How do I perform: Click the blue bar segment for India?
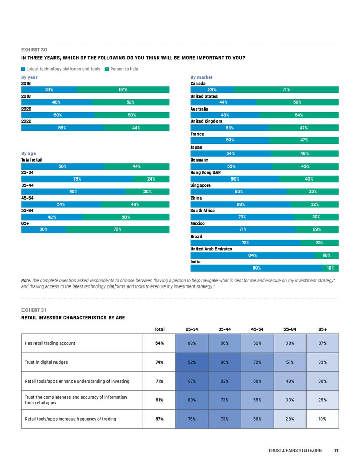[x=256, y=268]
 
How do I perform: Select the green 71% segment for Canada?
[x=286, y=89]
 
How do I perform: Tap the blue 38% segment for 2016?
[x=49, y=89]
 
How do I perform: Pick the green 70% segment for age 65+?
[x=117, y=229]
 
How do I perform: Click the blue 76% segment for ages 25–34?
[x=77, y=179]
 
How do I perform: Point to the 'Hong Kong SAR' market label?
[x=206, y=173]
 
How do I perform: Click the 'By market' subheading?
[x=201, y=77]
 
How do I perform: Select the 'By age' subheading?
[x=29, y=153]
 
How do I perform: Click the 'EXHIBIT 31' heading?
[x=33, y=310]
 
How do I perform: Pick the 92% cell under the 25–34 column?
[x=192, y=362]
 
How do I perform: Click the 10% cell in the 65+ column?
[x=322, y=419]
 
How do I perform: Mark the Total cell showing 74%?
[x=159, y=362]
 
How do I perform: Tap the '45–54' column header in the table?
[x=257, y=329]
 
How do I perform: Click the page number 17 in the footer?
[x=336, y=451]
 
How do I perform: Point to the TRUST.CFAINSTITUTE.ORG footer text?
[x=295, y=451]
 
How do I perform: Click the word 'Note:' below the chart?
[x=26, y=280]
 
